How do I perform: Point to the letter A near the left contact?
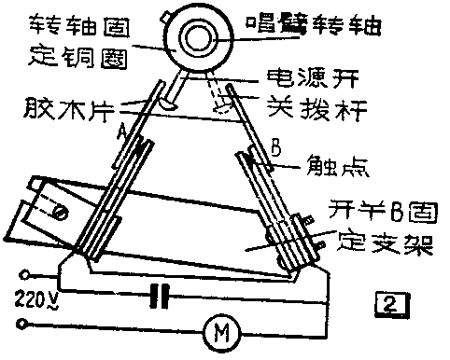(121, 132)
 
